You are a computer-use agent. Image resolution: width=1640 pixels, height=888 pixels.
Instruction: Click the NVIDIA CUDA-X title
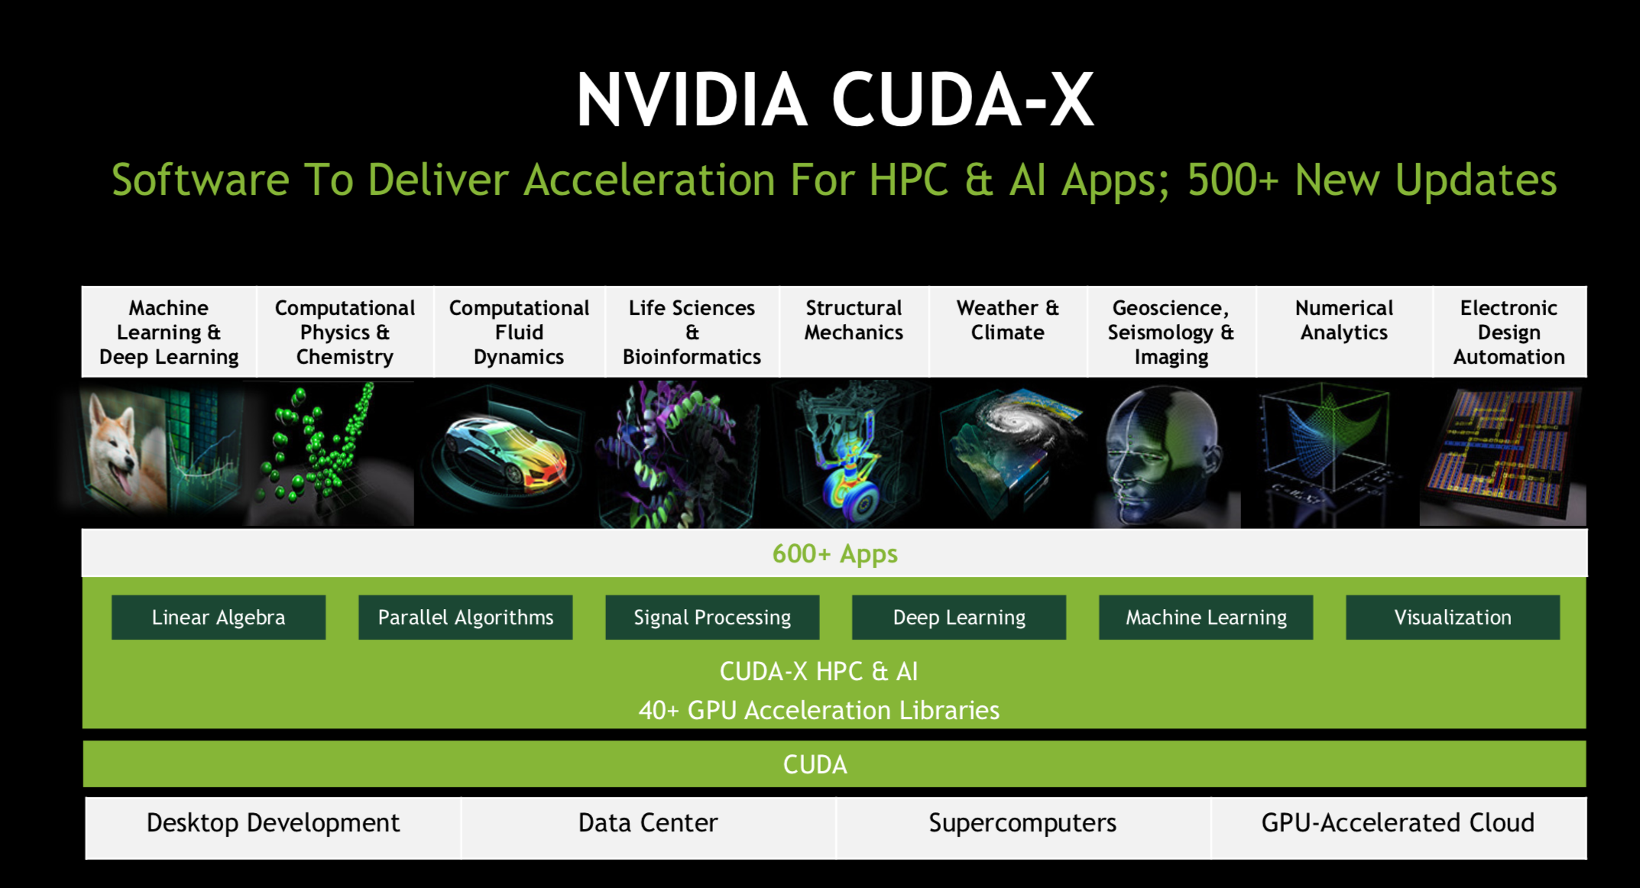coord(835,100)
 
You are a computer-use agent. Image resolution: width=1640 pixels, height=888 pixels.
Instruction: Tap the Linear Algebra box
coord(219,617)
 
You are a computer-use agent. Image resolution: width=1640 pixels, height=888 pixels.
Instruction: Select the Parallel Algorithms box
coord(465,617)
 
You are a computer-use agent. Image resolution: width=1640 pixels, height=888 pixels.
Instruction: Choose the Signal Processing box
coord(712,617)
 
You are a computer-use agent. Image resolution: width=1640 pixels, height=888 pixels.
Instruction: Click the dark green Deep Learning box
coord(959,617)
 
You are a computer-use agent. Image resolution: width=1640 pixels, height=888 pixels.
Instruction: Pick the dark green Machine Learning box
coord(1206,617)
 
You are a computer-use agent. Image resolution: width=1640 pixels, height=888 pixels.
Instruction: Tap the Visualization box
coord(1453,617)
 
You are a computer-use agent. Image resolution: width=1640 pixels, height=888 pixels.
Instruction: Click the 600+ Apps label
coord(835,554)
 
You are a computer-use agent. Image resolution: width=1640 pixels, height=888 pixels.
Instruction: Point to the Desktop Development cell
coord(274,828)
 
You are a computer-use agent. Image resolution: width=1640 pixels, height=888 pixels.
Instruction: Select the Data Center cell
coord(648,828)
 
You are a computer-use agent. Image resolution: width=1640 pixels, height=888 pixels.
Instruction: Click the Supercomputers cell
coord(1023,828)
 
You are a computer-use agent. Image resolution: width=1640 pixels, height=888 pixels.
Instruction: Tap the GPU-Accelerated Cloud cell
coord(1399,828)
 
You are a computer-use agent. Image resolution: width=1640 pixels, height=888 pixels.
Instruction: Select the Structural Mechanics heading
coord(854,320)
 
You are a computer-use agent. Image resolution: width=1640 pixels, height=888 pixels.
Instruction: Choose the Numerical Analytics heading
coord(1344,320)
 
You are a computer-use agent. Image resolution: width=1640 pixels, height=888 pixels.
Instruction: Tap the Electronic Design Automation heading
coord(1509,332)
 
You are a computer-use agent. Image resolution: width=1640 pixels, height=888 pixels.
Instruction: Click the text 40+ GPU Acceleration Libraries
coord(819,711)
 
